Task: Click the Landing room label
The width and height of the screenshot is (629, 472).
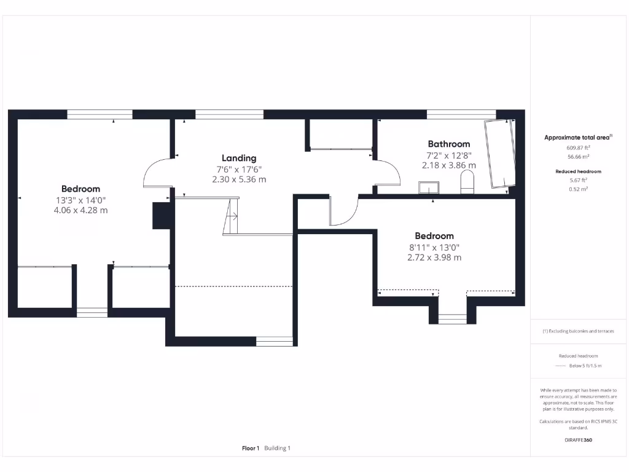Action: [239, 158]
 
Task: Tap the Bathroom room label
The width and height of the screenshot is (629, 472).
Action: [448, 144]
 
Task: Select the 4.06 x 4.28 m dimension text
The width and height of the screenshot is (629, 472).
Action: [80, 210]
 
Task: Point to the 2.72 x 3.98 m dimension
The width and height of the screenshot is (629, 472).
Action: [434, 258]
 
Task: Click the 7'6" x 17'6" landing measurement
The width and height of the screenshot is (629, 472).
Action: [239, 169]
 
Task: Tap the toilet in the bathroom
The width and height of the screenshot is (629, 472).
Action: [467, 183]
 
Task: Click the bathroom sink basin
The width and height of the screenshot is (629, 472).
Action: [428, 187]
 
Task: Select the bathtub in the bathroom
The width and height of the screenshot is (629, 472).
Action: [500, 154]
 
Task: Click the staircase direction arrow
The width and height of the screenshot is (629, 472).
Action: [232, 216]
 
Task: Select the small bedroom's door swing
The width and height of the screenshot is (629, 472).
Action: [343, 212]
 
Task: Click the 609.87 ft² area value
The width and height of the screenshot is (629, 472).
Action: [578, 147]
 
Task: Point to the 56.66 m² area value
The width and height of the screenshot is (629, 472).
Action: [578, 157]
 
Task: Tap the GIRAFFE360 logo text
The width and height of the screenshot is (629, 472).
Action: [578, 440]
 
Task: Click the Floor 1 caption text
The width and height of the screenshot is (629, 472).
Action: [251, 448]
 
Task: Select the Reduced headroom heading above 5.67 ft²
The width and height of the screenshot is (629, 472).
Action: [578, 171]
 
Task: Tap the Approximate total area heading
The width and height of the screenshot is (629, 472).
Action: [577, 138]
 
